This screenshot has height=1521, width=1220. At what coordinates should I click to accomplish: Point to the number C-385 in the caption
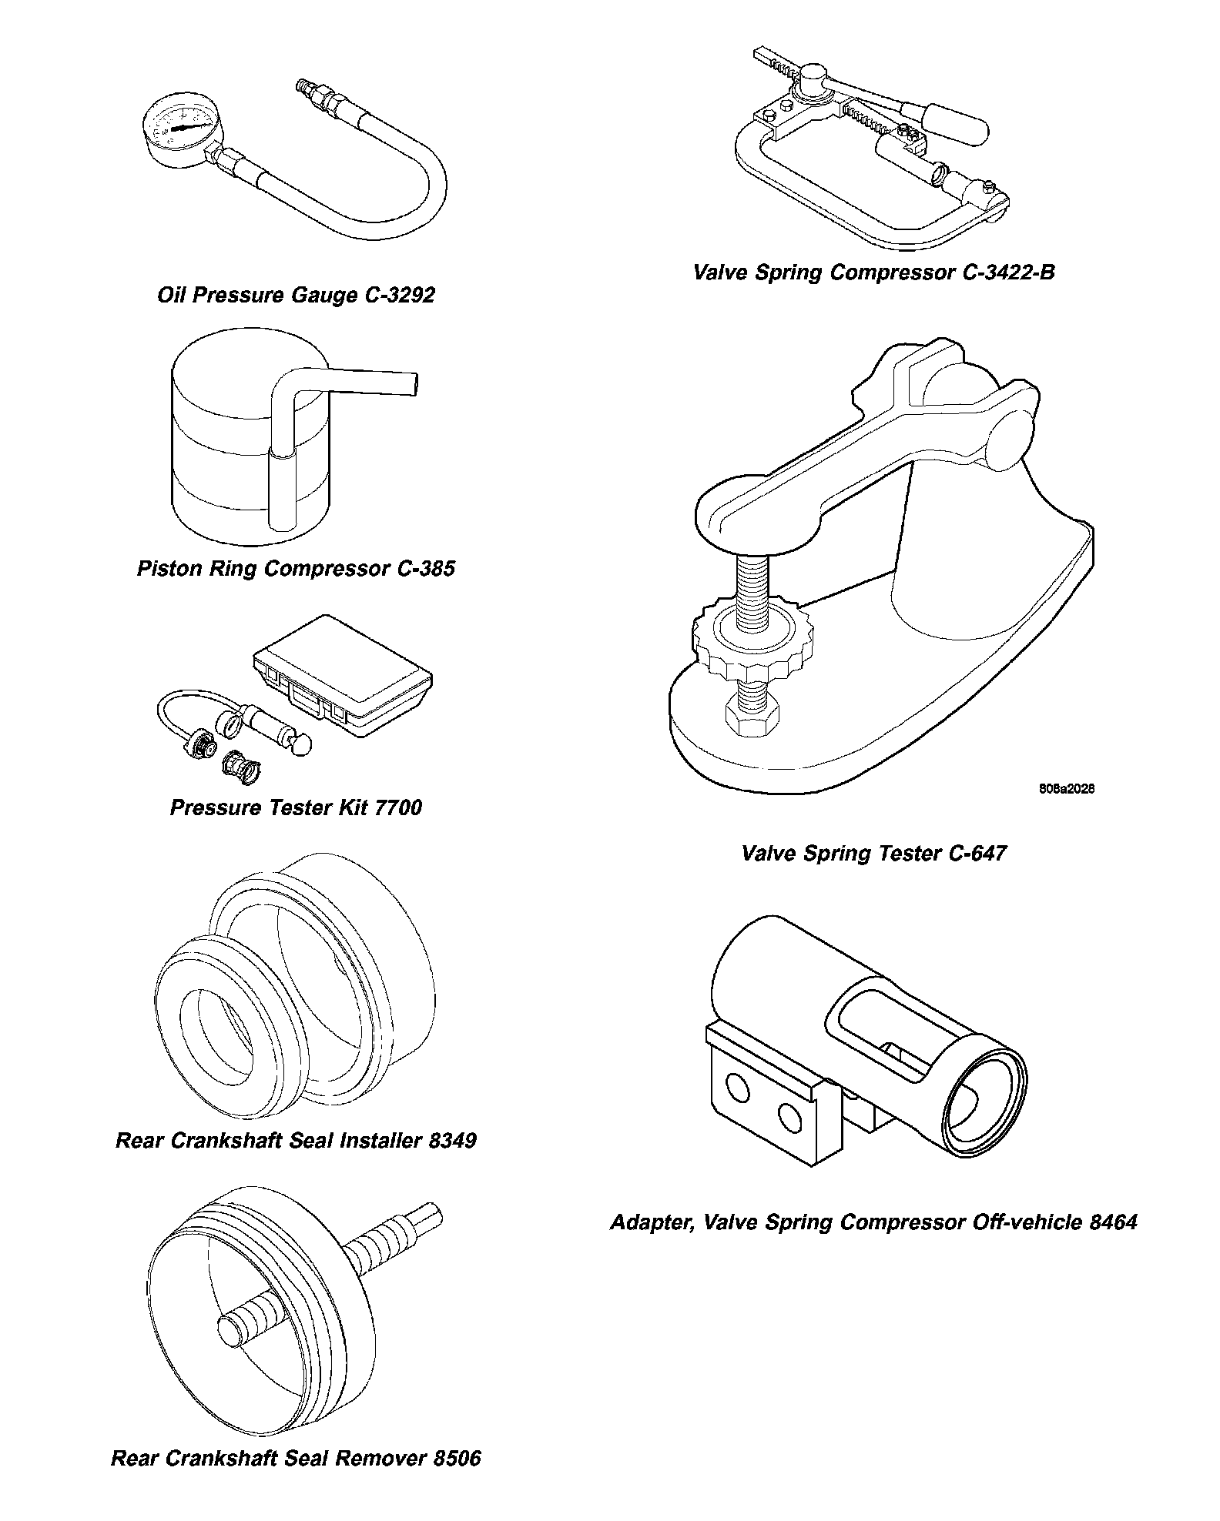click(x=426, y=569)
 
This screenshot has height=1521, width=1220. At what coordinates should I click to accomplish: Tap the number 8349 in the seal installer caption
click(x=451, y=1140)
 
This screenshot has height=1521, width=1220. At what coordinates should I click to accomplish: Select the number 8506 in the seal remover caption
click(x=456, y=1459)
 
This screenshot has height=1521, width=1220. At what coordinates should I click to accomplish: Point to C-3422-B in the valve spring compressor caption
click(x=1009, y=272)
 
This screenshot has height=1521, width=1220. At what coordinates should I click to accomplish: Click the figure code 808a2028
click(x=1066, y=789)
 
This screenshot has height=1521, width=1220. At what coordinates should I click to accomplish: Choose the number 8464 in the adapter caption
click(x=1114, y=1222)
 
